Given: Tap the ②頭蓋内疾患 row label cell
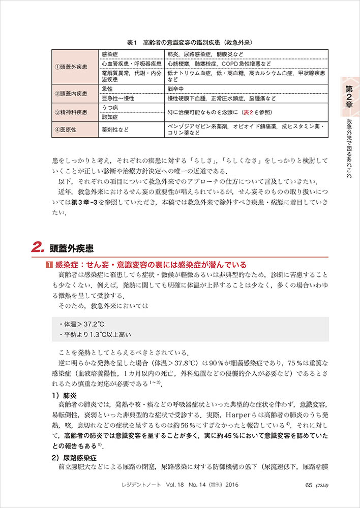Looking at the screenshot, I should click(x=74, y=93).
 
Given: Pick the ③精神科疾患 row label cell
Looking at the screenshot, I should click(x=74, y=112).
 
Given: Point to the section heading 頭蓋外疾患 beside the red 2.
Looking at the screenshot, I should click(x=72, y=249).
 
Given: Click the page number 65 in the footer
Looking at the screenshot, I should click(x=308, y=485).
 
